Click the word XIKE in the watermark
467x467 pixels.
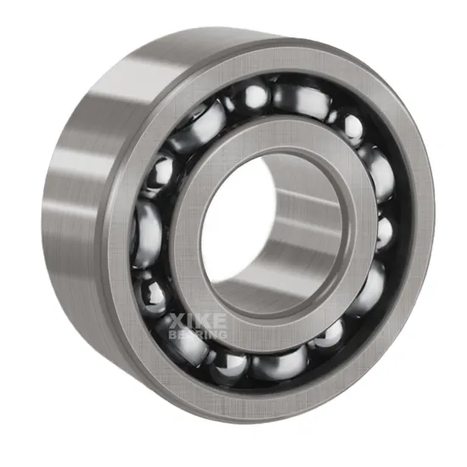[197, 320]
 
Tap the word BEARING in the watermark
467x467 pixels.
[197, 335]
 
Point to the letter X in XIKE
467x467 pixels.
[177, 320]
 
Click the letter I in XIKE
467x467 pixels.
[188, 320]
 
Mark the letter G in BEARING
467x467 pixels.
[223, 335]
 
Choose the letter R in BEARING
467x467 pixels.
[197, 335]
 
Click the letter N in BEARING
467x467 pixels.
[214, 335]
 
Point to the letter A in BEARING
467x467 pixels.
[188, 335]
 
